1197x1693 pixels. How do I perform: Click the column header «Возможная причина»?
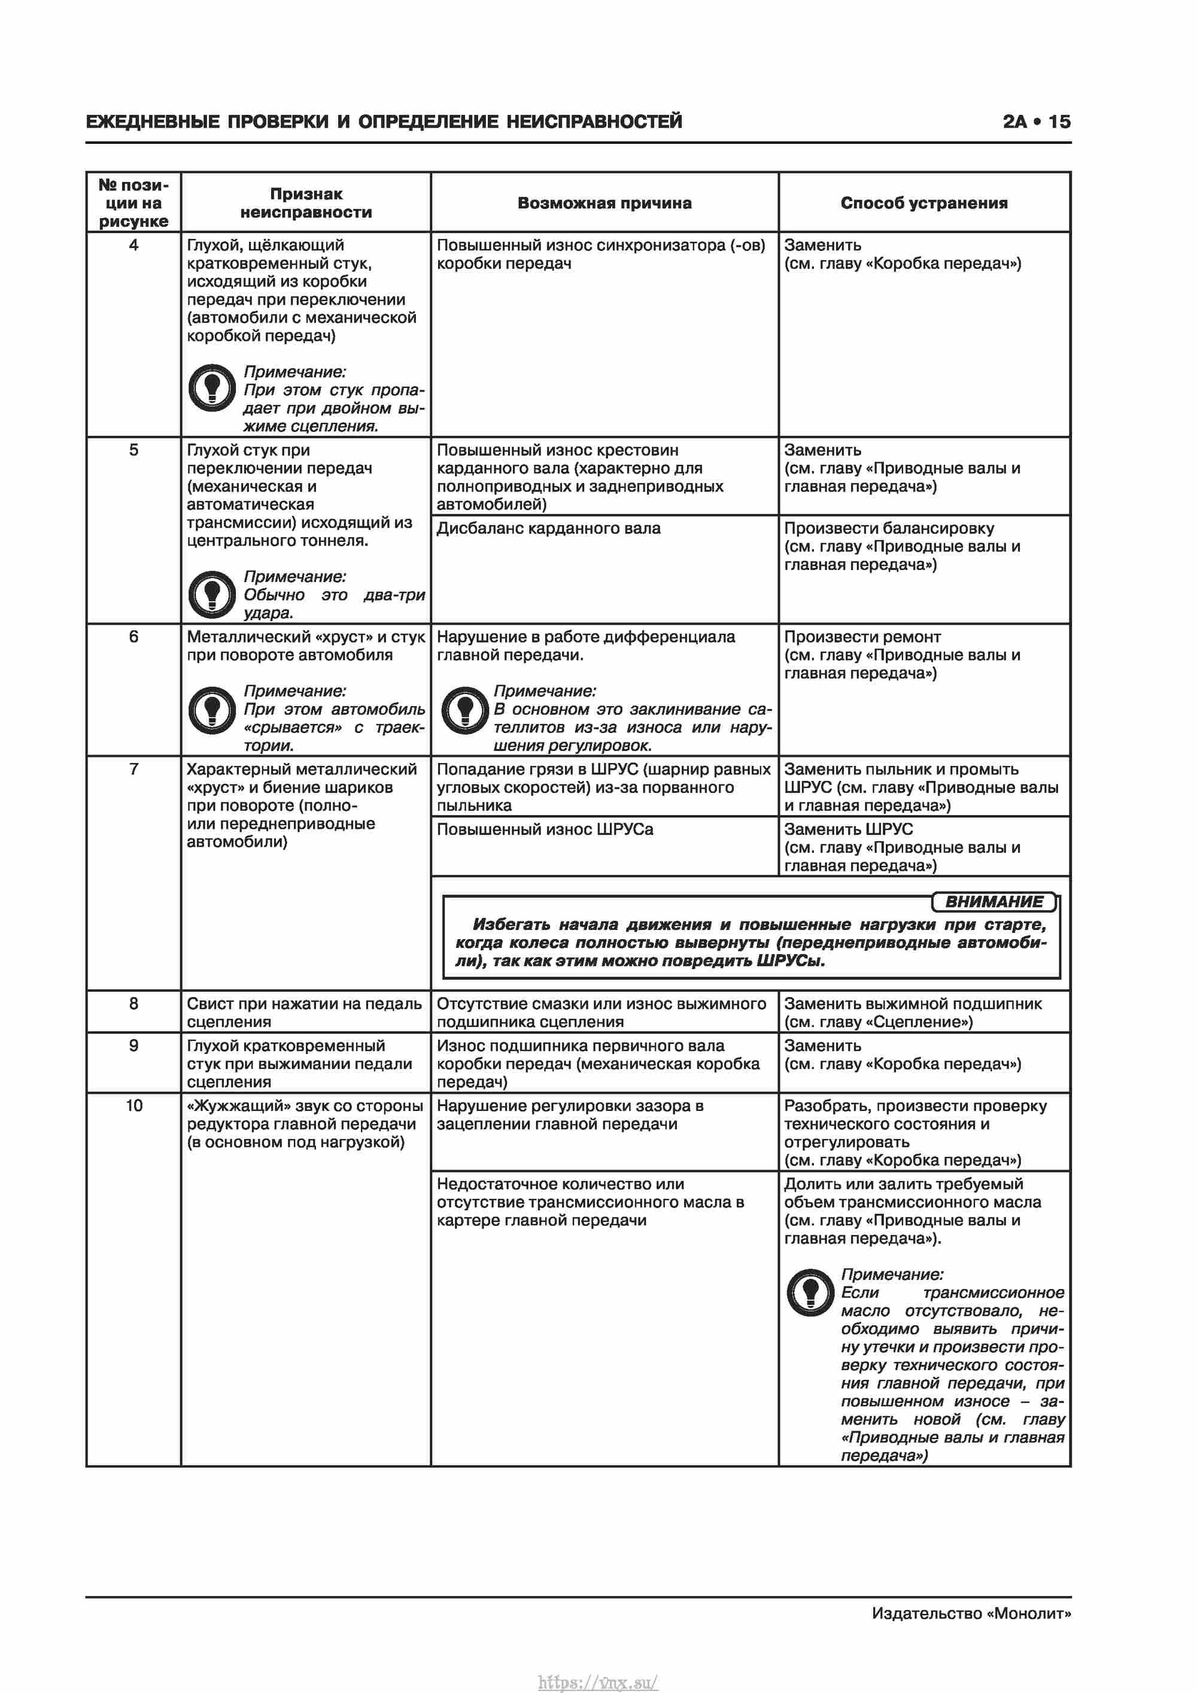[x=604, y=204]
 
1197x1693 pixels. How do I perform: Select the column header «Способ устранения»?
[x=923, y=204]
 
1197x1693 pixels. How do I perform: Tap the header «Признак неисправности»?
[x=306, y=204]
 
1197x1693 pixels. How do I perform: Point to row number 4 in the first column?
[x=133, y=246]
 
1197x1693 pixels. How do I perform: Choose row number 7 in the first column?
[x=133, y=769]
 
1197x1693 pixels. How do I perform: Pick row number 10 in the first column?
[x=133, y=1106]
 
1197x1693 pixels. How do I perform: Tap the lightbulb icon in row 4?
[x=212, y=387]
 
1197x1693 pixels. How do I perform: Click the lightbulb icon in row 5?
[x=212, y=593]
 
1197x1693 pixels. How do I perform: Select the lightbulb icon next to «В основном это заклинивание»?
[x=464, y=709]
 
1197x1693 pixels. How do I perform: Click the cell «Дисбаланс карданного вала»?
[x=548, y=529]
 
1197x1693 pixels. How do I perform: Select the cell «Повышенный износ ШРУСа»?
[x=545, y=829]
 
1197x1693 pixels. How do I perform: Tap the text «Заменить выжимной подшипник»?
[x=913, y=1004]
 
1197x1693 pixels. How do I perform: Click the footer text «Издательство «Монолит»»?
[x=971, y=1613]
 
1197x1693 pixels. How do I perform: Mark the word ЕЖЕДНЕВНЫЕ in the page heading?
[x=152, y=122]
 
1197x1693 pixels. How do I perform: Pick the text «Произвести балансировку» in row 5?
[x=889, y=529]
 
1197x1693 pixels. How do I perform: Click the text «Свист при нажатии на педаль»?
[x=303, y=1004]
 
